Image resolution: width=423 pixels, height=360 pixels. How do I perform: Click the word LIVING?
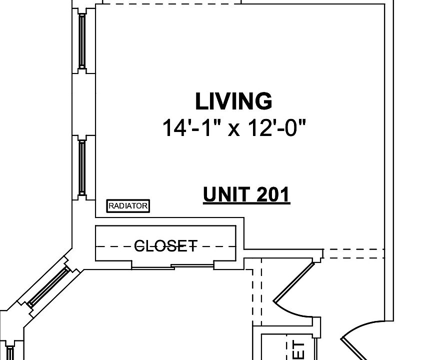pyautogui.click(x=233, y=101)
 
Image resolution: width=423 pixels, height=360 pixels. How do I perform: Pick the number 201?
pyautogui.click(x=273, y=194)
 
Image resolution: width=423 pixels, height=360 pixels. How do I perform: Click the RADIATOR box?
pyautogui.click(x=128, y=205)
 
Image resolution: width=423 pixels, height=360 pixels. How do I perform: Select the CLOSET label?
pyautogui.click(x=166, y=245)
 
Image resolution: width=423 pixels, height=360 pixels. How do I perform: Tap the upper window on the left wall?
pyautogui.click(x=82, y=40)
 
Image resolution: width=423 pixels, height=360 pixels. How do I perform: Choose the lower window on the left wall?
pyautogui.click(x=82, y=166)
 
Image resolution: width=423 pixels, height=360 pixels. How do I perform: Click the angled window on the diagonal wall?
pyautogui.click(x=48, y=287)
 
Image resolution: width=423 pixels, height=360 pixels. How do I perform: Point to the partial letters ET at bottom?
pyautogui.click(x=297, y=350)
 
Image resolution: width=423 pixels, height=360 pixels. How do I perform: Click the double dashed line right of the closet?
pyautogui.click(x=353, y=253)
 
